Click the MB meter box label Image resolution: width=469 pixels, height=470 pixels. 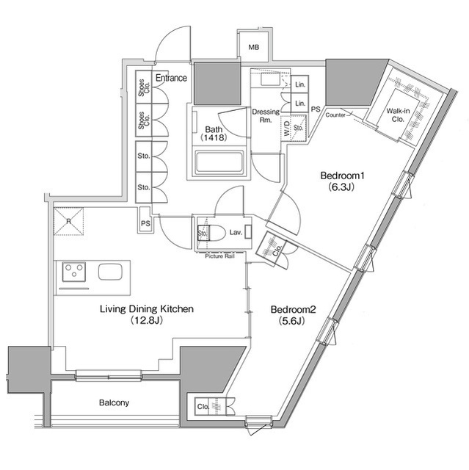coord(254,47)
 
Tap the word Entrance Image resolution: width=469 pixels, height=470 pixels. coord(171,78)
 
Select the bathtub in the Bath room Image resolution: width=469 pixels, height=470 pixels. coord(219,162)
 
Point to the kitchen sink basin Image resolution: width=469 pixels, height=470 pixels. coord(110,272)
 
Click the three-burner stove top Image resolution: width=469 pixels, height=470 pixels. coord(74,272)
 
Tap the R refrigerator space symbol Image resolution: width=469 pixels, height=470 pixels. coord(68,222)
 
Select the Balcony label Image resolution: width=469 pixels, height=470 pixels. coord(114,402)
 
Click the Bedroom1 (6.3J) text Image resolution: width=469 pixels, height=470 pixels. coord(342,181)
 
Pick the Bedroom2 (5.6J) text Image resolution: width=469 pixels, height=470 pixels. coord(293,315)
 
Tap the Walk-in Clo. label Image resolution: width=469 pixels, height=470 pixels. coord(398,115)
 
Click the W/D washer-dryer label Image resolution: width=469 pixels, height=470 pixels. coord(287,128)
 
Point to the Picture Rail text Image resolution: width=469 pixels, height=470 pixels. coord(220,256)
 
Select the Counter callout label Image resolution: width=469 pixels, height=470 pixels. coord(335,115)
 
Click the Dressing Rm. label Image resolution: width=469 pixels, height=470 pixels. coord(266,116)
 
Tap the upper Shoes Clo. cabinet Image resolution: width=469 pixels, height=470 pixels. coord(144,87)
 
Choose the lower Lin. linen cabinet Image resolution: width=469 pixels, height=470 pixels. coord(299,104)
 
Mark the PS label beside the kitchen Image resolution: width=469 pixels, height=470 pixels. coord(145,223)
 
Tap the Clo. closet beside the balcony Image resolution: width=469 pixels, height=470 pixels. coord(210,406)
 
